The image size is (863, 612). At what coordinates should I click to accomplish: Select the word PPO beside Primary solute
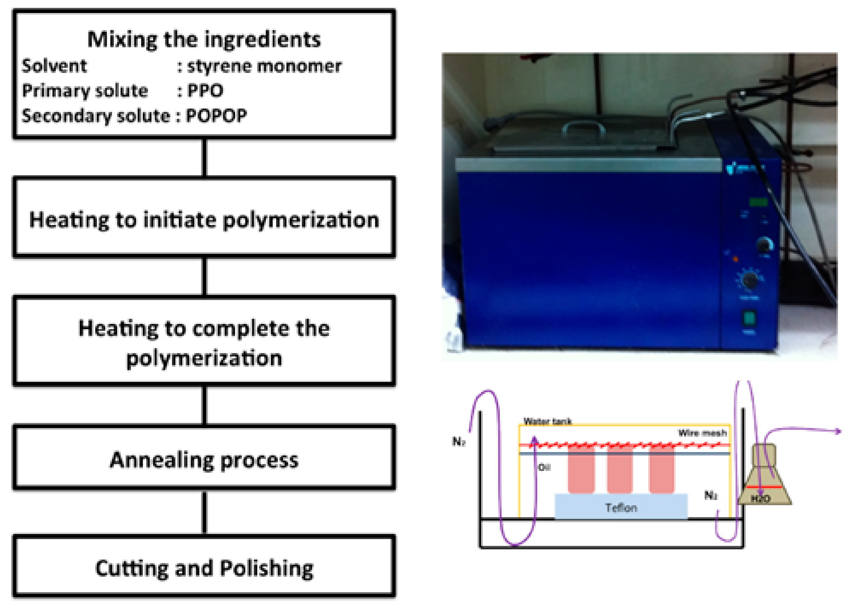[x=205, y=90]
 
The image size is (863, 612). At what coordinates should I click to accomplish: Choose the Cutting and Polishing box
[x=204, y=568]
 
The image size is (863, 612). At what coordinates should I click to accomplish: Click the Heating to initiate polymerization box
[x=204, y=220]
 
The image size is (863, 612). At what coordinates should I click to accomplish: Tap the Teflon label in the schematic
[x=621, y=508]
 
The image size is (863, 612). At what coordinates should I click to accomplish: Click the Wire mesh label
[x=702, y=433]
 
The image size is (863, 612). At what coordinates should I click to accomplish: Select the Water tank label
[x=547, y=421]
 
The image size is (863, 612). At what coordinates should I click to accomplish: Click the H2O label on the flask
[x=761, y=499]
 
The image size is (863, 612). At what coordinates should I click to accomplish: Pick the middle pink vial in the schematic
[x=619, y=469]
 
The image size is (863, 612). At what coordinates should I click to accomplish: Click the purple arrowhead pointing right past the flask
[x=838, y=431]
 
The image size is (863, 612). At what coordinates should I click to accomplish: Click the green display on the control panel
[x=758, y=202]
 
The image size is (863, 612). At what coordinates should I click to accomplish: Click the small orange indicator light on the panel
[x=735, y=259]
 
